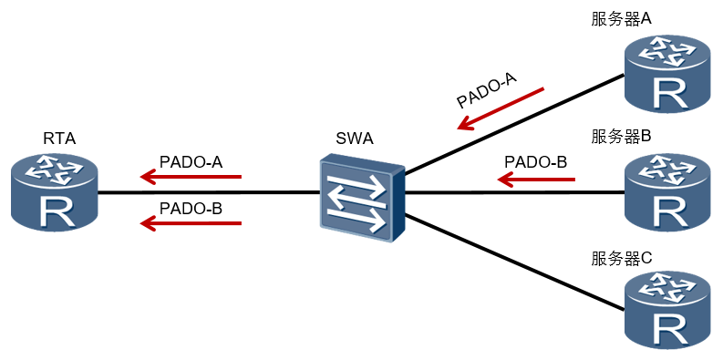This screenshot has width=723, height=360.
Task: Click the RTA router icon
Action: pyautogui.click(x=55, y=193)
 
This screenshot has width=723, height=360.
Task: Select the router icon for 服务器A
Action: pyautogui.click(x=667, y=74)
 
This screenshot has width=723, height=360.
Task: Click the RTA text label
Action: pyautogui.click(x=59, y=139)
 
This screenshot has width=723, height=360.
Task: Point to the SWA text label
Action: pyautogui.click(x=355, y=139)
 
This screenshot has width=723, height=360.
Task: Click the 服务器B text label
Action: pyautogui.click(x=621, y=137)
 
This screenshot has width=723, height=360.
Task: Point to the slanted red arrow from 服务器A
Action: pyautogui.click(x=501, y=108)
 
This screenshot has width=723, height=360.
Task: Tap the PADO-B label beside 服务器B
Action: pyautogui.click(x=535, y=162)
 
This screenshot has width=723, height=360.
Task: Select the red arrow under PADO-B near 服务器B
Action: pyautogui.click(x=537, y=179)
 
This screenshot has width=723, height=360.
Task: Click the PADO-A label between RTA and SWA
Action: pyautogui.click(x=191, y=162)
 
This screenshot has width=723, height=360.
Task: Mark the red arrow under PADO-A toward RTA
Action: pyautogui.click(x=191, y=177)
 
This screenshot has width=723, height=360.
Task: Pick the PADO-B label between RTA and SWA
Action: pyautogui.click(x=191, y=209)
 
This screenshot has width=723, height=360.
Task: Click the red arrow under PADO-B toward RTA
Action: pyautogui.click(x=191, y=223)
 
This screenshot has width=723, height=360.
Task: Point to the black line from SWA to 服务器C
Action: pyautogui.click(x=514, y=262)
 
